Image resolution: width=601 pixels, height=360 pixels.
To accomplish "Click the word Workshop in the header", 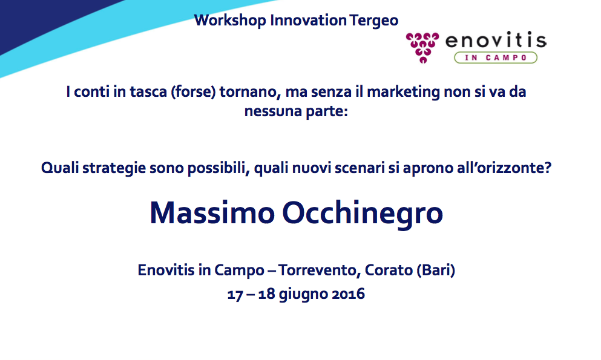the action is tap(230, 21).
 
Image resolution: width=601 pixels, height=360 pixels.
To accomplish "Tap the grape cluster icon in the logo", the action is tap(422, 47).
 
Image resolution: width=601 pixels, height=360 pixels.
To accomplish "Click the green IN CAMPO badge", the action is tap(496, 57).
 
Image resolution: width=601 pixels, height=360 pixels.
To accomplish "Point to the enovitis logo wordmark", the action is tap(496, 40).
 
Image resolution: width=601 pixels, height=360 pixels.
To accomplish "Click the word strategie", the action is tap(114, 168).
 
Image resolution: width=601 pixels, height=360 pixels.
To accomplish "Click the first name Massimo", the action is tap(212, 213).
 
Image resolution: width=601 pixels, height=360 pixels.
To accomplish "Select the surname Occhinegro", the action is tap(363, 214).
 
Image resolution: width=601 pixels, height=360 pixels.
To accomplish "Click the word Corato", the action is tap(389, 270).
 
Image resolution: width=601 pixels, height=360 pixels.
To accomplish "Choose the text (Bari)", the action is tap(436, 270).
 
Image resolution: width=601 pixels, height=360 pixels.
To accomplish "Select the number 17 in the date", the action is tap(235, 295).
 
